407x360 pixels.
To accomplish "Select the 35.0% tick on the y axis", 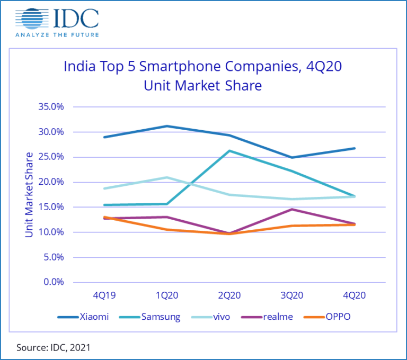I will (51, 107).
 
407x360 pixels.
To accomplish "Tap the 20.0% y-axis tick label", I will (51, 182).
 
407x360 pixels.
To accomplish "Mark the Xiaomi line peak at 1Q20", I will (167, 126).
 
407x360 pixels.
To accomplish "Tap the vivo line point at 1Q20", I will (167, 177).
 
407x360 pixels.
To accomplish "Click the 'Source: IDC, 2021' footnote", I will (54, 347).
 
